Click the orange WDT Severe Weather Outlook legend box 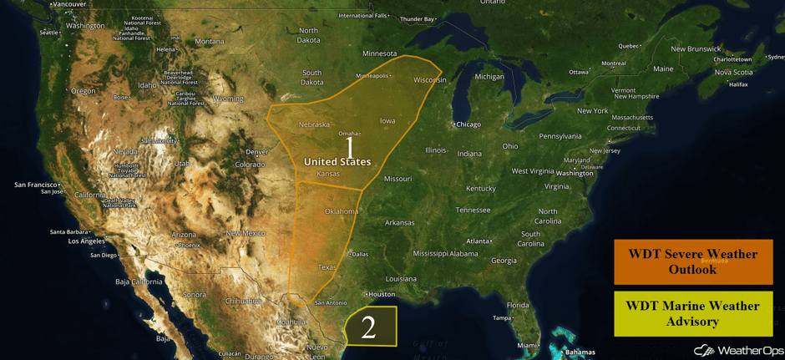(x=693, y=261)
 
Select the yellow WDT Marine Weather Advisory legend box (x=693, y=313)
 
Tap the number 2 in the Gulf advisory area (x=368, y=328)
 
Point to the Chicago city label (x=468, y=124)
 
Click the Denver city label (x=256, y=152)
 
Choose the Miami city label (x=527, y=345)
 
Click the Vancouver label (x=68, y=4)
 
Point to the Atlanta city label (x=479, y=241)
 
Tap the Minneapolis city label (x=372, y=76)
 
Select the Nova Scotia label (x=734, y=72)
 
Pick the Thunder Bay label (x=418, y=18)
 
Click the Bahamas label (x=580, y=352)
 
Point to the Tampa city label (x=501, y=318)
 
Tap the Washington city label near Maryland (x=575, y=173)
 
